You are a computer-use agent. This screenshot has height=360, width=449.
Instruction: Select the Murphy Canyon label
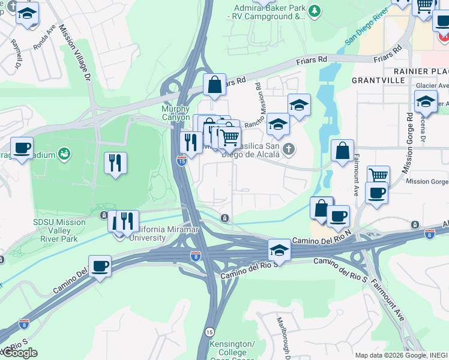pos(176,113)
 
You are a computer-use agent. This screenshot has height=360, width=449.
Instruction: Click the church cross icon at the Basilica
pos(289,149)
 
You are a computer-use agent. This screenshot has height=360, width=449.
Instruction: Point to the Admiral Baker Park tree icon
pos(313,11)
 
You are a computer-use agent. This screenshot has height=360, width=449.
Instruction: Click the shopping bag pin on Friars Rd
pos(214,84)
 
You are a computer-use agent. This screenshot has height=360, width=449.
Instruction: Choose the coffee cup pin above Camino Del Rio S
pos(100,265)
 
